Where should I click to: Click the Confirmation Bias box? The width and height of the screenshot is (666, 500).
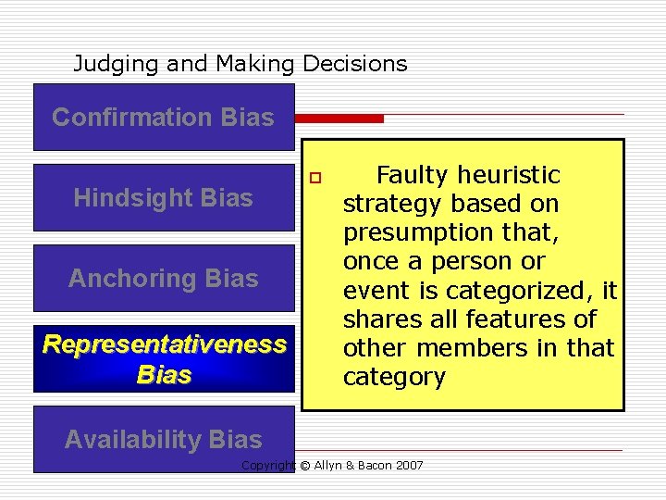[x=164, y=118]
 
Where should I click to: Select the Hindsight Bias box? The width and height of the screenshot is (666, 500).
[x=164, y=197]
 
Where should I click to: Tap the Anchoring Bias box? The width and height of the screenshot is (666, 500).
[x=164, y=278]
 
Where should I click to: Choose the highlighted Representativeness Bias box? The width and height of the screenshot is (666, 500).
[x=164, y=358]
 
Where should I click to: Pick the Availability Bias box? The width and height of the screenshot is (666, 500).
[x=164, y=440]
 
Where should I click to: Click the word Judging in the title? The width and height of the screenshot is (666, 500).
[x=106, y=64]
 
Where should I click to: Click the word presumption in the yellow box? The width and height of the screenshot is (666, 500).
[x=418, y=232]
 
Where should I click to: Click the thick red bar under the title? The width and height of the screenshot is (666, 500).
[x=339, y=119]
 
